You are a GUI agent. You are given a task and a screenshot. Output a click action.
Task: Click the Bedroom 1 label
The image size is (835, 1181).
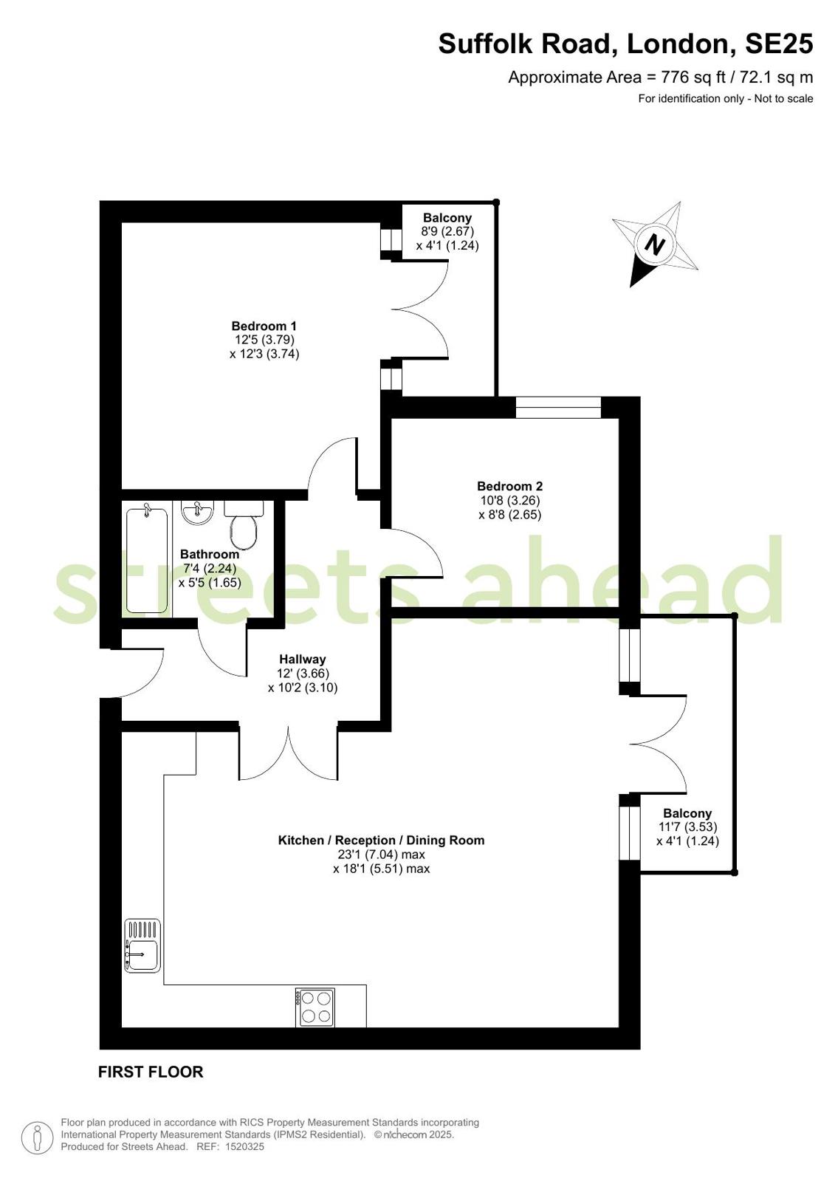click(x=264, y=326)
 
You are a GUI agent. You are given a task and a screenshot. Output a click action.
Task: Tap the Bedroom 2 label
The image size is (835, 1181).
click(x=509, y=486)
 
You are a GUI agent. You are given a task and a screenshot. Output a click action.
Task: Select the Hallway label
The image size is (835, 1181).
click(x=303, y=659)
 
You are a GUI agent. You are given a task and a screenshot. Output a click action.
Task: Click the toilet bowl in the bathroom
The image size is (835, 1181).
click(x=243, y=532)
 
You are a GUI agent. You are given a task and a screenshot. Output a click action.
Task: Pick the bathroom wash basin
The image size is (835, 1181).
click(x=198, y=512)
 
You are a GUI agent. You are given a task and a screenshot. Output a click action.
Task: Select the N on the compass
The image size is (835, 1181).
click(x=656, y=245)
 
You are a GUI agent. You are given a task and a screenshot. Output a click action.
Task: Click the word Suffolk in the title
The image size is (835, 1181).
click(x=485, y=44)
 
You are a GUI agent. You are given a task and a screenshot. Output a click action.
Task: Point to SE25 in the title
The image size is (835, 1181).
click(x=778, y=44)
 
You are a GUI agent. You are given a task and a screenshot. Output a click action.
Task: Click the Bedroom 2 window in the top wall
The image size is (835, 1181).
click(x=558, y=408)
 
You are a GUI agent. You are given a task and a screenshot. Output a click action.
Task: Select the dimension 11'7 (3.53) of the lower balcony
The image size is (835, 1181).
click(x=687, y=827)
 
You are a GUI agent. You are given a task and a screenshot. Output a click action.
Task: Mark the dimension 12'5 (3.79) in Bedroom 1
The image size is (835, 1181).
click(x=264, y=340)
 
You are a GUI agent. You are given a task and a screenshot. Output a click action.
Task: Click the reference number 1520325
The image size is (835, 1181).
click(x=244, y=1146)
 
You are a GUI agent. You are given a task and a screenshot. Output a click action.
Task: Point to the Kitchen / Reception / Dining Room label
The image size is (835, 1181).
click(x=381, y=841)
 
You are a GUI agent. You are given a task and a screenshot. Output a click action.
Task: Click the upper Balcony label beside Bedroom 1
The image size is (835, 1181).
click(x=447, y=217)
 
